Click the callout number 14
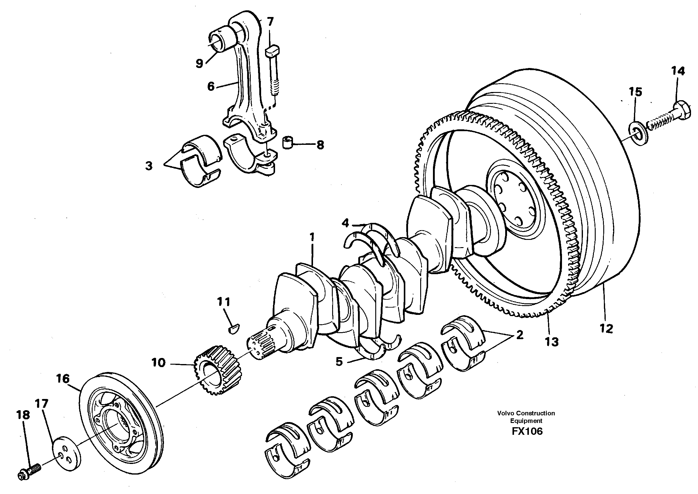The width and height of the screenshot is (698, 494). click(678, 71)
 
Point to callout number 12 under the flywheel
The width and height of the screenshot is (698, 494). click(606, 329)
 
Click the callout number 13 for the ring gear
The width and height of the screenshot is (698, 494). click(552, 342)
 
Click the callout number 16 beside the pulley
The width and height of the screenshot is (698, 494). click(63, 379)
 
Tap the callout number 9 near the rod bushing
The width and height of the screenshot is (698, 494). click(199, 63)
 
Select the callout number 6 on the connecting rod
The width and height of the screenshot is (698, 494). click(211, 87)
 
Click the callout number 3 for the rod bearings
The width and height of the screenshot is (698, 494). click(149, 166)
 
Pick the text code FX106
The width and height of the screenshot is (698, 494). click(527, 431)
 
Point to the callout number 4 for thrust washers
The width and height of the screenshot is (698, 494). click(345, 223)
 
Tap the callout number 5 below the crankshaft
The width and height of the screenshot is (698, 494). click(339, 362)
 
